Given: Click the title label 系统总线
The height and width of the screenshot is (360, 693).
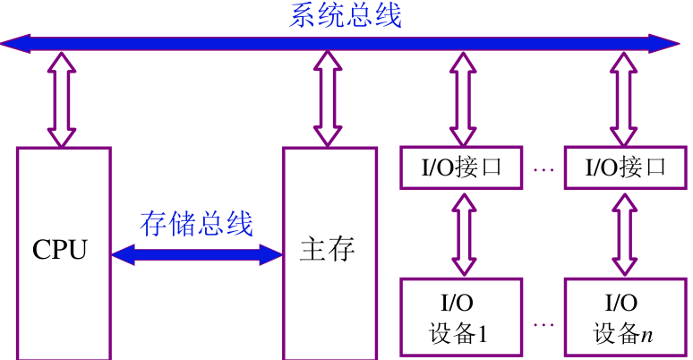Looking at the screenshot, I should (345, 15).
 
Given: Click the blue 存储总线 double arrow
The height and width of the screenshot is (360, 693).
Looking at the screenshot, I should (197, 254).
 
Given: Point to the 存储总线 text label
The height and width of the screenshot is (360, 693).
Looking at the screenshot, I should (197, 224).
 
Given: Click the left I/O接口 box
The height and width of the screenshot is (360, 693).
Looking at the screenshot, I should (461, 167).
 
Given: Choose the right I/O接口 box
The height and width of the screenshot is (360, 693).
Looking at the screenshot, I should (626, 167).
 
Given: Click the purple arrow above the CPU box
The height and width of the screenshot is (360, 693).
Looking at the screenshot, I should (63, 99).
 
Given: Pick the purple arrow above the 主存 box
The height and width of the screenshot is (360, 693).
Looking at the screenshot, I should (327, 99).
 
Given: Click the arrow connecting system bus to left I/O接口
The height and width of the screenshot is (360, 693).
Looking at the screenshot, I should (462, 99).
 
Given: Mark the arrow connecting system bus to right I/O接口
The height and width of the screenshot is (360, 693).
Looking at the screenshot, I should (624, 99).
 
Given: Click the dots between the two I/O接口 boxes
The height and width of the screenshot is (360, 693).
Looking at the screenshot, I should (543, 167).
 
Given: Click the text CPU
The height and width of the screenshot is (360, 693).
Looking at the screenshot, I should (60, 249).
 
